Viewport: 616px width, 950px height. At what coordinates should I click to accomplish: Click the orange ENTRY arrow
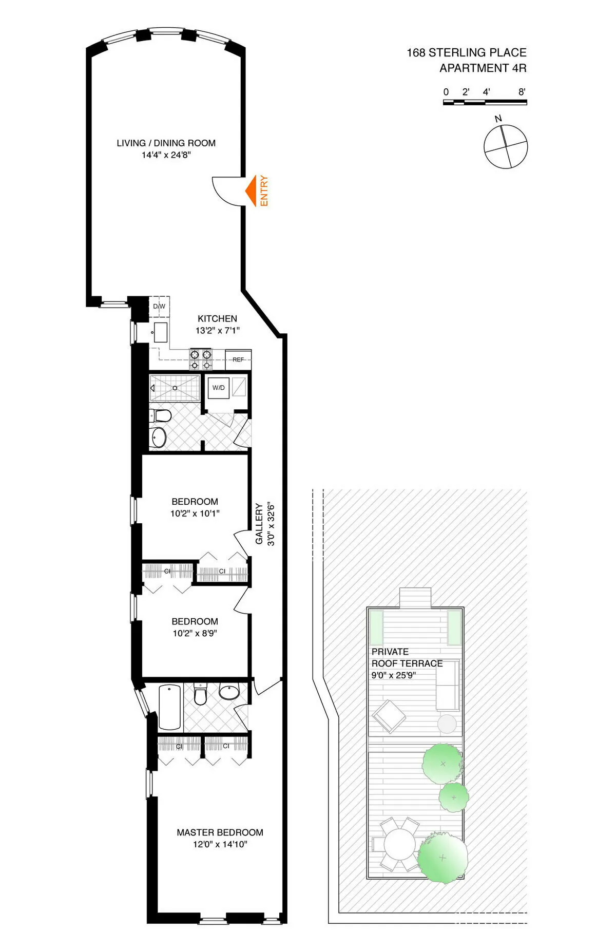point(251,191)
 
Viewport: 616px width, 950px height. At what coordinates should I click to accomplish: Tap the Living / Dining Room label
point(166,143)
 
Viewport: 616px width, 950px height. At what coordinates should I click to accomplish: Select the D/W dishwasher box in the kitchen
point(159,307)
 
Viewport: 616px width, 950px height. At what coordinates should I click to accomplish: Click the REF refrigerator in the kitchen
point(238,359)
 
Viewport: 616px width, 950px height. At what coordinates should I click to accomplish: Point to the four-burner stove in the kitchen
point(201,359)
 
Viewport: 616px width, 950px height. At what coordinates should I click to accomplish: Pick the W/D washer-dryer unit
point(219,388)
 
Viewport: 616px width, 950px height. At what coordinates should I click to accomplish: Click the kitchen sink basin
point(161,333)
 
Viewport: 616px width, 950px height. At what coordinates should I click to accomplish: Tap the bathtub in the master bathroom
point(169,707)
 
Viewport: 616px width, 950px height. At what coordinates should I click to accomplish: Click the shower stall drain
point(175,388)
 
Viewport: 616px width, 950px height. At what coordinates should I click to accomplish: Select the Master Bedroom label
point(220,832)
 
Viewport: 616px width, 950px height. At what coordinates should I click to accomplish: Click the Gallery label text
point(259,524)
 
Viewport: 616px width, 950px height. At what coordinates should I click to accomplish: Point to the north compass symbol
point(506,146)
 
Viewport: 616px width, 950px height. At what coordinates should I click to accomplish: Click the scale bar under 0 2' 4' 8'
point(485,102)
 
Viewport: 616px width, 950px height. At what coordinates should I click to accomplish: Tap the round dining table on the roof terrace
point(399,844)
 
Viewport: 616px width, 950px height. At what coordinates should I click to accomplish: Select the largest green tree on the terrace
point(442,857)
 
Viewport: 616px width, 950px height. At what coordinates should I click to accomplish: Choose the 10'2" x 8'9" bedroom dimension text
point(195,633)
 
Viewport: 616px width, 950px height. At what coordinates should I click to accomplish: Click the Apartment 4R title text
point(483,68)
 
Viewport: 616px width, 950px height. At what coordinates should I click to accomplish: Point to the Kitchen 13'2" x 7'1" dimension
point(217,331)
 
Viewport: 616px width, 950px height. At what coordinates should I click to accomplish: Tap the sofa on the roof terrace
point(448,686)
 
